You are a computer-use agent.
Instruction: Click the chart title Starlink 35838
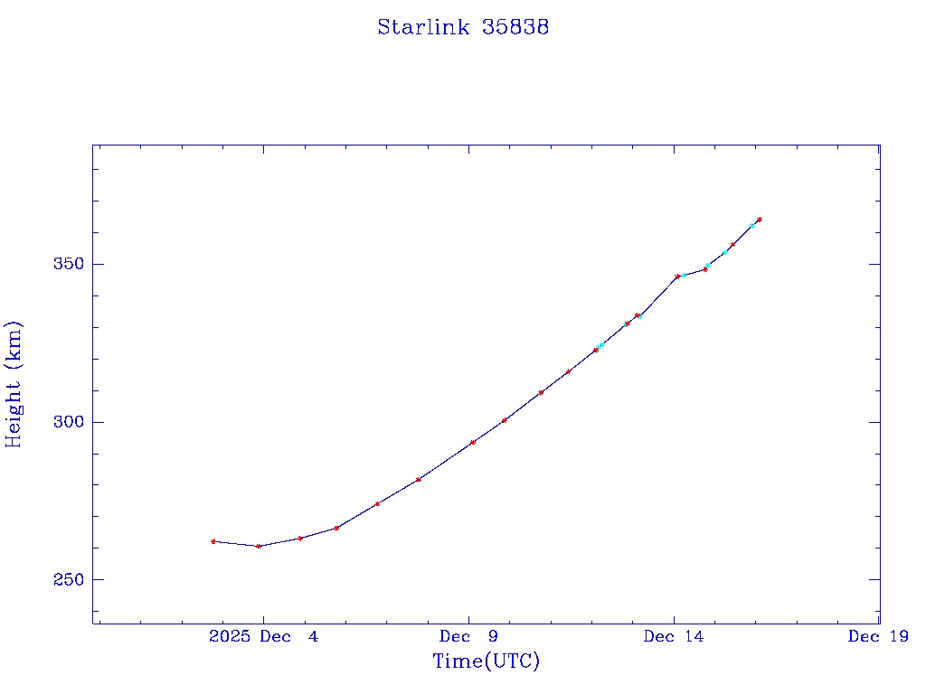coord(463,27)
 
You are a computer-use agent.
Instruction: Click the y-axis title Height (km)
coord(14,384)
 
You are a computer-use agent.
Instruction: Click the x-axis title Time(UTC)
coord(486,661)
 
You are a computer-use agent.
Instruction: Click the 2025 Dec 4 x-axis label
coord(263,636)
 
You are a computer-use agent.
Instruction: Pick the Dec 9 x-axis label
coord(468,636)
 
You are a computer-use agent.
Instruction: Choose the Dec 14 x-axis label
coord(673,636)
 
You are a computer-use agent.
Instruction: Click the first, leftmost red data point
coord(213,541)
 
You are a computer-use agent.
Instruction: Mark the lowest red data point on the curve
coord(259,546)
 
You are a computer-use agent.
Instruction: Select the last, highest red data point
coord(760,219)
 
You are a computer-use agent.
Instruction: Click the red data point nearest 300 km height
coord(505,420)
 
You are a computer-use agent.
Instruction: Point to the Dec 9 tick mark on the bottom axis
coord(468,619)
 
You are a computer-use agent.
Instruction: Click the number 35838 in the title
coord(515,27)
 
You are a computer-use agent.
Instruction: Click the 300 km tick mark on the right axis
coord(874,422)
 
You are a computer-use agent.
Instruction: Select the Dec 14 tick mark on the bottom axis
coord(674,619)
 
